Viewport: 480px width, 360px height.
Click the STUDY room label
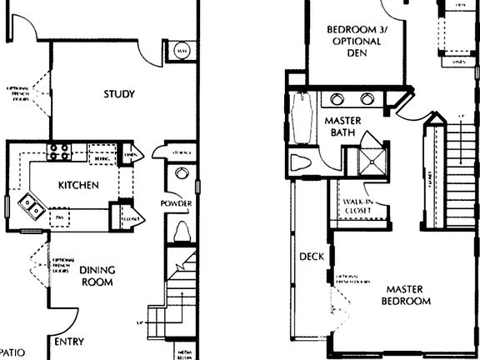pos(119,94)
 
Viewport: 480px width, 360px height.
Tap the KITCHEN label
pos(78,185)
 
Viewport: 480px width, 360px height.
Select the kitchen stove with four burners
pos(59,152)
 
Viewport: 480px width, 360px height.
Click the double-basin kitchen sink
pos(30,204)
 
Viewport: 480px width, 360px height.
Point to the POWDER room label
pos(176,203)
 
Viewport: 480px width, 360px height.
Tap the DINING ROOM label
pos(97,276)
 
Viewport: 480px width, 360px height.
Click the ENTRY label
pos(68,342)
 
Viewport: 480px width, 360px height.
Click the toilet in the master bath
pos(300,162)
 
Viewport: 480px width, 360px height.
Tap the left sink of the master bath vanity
pos(337,100)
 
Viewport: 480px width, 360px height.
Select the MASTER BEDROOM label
pos(406,294)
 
